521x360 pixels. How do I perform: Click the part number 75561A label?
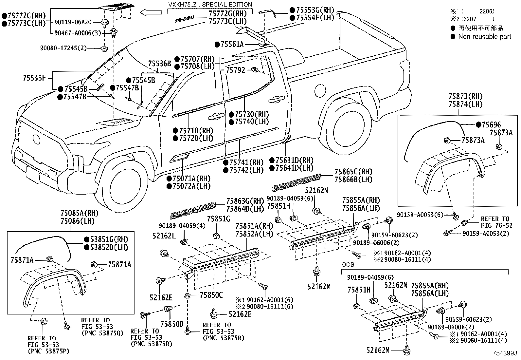coord(232,45)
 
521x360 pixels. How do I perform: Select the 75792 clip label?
coord(235,70)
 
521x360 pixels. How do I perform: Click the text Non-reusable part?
coord(484,37)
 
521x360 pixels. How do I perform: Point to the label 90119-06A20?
coord(73,22)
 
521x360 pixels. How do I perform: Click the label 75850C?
coord(211,295)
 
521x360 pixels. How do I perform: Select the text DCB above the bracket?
coord(348,264)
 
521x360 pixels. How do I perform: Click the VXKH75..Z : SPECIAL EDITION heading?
coord(210,4)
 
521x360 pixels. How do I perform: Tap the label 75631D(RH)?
coord(294,161)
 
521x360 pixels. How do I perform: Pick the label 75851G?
coord(219,218)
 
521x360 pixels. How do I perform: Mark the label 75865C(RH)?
coord(353,172)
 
